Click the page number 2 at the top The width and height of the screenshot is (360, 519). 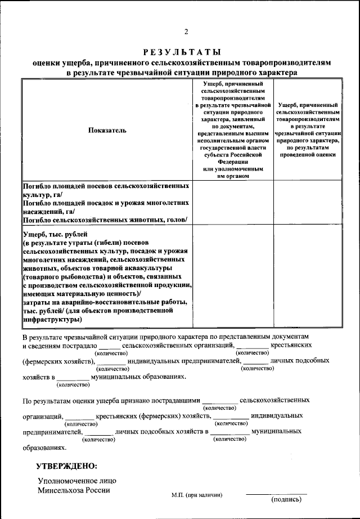point(185,31)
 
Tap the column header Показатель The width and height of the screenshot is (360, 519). point(107,130)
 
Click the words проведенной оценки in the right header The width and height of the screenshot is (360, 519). point(308,154)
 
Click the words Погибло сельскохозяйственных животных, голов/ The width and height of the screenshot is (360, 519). point(105,220)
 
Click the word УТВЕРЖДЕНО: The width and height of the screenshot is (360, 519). point(66,467)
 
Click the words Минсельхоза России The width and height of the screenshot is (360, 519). point(74,490)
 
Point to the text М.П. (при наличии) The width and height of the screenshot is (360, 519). point(197,495)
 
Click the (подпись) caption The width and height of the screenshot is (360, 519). point(288,499)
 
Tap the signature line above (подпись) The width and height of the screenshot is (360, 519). point(276,494)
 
